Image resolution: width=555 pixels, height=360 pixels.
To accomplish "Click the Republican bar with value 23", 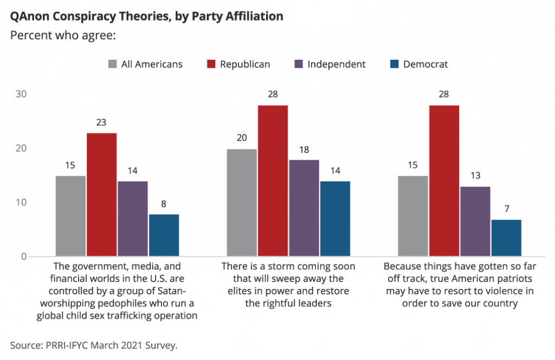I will (x=101, y=194).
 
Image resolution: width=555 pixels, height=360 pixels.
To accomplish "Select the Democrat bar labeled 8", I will (x=164, y=235).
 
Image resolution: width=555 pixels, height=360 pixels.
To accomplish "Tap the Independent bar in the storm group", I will (x=304, y=208).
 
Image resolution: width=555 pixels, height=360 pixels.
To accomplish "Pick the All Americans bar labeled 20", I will (x=242, y=202).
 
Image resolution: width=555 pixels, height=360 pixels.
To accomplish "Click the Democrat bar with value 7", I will (x=506, y=237).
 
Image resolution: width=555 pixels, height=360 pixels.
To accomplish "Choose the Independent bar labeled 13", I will (x=475, y=221).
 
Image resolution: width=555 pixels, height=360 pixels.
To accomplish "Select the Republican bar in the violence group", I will (x=444, y=181).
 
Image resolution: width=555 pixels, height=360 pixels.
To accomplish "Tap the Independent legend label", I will (x=337, y=64).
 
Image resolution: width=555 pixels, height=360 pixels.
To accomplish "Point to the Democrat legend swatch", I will (x=395, y=64).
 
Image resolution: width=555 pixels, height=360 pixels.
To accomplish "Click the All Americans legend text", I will (x=152, y=64).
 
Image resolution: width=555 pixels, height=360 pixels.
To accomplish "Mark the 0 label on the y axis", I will (x=24, y=256).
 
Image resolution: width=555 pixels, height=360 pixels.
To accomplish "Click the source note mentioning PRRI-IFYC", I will (x=94, y=345).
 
